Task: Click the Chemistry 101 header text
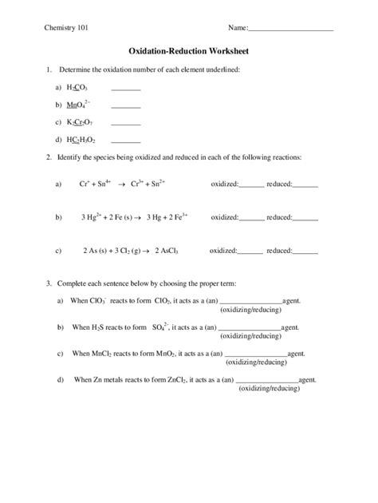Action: click(x=66, y=28)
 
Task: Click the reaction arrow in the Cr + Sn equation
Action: click(x=122, y=184)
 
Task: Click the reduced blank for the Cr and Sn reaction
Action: click(x=305, y=184)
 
